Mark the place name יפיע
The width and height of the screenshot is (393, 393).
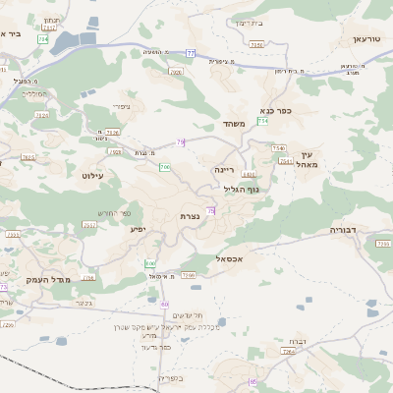[138, 228]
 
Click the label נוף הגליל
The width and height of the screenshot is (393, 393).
[240, 190]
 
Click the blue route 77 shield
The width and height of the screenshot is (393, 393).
[191, 53]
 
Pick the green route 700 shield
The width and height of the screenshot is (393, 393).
[164, 168]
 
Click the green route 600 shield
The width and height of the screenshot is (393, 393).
[150, 263]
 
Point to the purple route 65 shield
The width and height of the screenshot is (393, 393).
[253, 381]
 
